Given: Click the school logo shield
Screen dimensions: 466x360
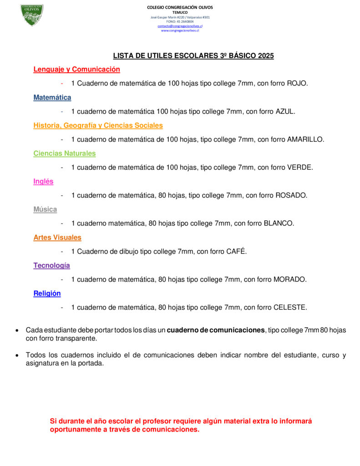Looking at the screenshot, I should click(32, 15).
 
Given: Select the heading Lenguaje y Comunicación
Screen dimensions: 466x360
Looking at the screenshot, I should click(76, 70).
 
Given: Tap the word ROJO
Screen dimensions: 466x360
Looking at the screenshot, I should click(297, 84).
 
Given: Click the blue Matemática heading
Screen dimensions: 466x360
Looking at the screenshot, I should click(52, 97).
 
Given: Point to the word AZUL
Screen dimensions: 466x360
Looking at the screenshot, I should click(285, 111).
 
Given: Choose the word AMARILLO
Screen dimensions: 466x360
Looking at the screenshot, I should click(305, 140).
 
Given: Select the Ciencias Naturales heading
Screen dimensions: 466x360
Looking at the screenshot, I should click(65, 154).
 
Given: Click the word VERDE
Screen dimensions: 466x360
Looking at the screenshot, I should click(300, 167).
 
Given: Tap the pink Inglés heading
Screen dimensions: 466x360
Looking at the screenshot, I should click(43, 182).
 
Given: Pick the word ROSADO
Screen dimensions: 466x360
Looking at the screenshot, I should click(291, 196).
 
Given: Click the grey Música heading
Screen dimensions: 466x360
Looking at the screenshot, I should click(45, 210).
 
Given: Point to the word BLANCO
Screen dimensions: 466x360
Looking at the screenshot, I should click(279, 223).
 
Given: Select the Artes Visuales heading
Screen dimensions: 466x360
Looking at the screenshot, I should click(57, 238).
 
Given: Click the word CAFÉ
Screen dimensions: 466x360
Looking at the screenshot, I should click(236, 252).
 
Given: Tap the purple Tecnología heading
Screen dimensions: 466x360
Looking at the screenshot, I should click(51, 266).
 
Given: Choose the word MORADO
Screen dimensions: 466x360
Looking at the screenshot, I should click(290, 279).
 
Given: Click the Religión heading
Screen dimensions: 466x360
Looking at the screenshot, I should click(47, 294).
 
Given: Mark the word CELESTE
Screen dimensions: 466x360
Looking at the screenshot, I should click(290, 308).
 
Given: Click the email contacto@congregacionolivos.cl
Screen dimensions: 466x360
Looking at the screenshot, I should click(180, 26).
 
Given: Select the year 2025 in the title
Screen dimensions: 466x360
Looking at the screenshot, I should click(265, 56).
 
